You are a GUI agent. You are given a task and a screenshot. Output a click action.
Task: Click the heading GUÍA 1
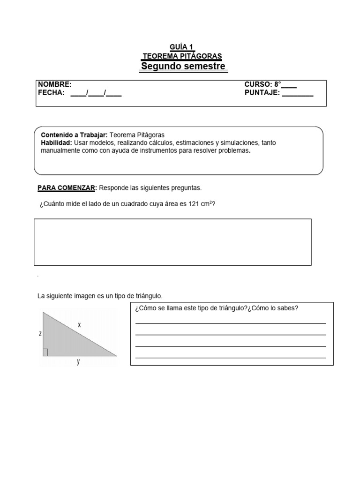[x=181, y=46]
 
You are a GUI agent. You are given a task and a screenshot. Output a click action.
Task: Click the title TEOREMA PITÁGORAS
[x=182, y=56]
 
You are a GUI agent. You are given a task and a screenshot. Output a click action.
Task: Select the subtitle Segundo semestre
[x=184, y=66]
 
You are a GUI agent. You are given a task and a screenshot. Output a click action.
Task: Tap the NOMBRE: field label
[x=55, y=84]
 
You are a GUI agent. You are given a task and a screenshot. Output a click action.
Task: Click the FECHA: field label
[x=51, y=93]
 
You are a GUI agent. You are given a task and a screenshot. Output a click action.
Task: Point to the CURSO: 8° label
[x=262, y=84]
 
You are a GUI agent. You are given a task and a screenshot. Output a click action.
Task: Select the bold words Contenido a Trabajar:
[x=75, y=135]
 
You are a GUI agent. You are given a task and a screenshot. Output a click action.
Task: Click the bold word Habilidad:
[x=56, y=142]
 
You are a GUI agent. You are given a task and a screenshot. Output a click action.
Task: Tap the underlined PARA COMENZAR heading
[x=67, y=188]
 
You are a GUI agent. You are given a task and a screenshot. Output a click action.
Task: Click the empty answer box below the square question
[x=172, y=242]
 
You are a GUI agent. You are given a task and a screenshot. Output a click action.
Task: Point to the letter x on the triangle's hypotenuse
[x=80, y=324]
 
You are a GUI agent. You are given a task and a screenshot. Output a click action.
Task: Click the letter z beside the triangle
[x=41, y=334]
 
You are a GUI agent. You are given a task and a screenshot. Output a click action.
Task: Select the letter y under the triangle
[x=78, y=361]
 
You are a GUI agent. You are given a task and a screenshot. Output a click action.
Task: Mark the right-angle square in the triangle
[x=45, y=352]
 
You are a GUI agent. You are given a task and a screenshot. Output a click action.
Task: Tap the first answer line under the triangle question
[x=231, y=323]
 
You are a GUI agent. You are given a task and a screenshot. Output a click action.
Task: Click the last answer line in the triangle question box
[x=231, y=358]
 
